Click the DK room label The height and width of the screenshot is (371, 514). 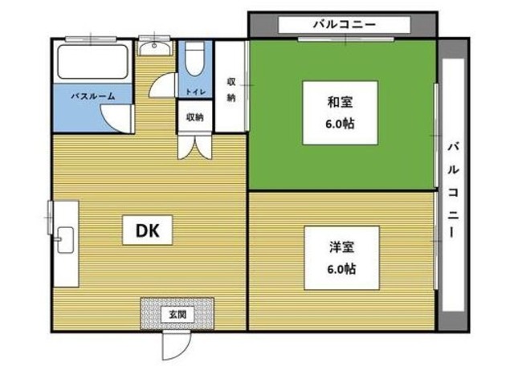tap(145, 231)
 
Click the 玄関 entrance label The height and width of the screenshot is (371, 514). tap(177, 312)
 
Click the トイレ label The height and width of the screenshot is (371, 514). tap(195, 92)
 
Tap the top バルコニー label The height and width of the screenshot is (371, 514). tap(344, 25)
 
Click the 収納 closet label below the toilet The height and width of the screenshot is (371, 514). tap(195, 117)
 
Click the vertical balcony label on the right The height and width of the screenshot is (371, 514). tap(454, 189)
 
